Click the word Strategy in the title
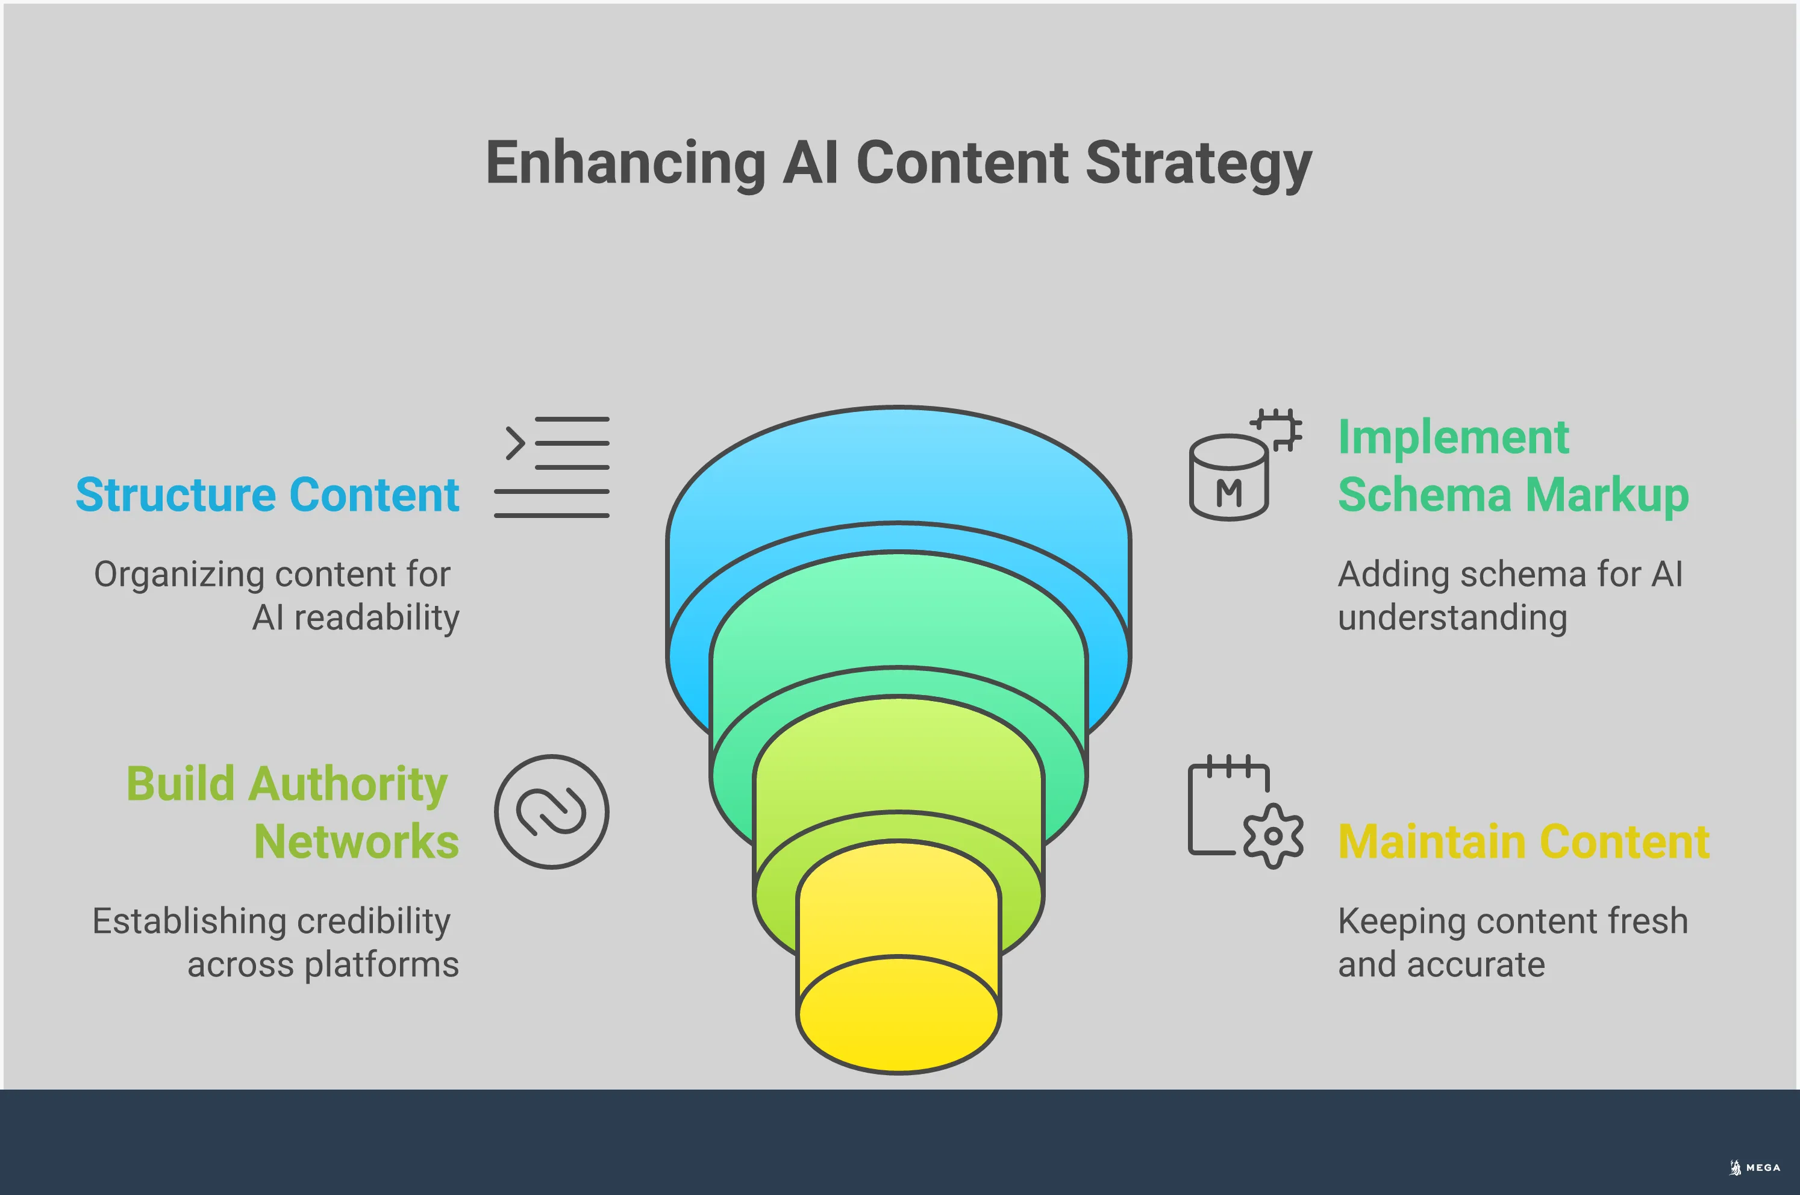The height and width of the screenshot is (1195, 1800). click(1198, 163)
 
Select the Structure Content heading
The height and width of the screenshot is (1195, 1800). click(267, 495)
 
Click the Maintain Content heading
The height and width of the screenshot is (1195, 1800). click(1524, 842)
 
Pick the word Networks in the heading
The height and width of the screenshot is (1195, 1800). click(357, 842)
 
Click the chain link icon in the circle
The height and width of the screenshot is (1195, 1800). click(552, 812)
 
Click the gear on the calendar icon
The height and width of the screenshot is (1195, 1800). click(1273, 836)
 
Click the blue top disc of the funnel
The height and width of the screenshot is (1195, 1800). click(898, 472)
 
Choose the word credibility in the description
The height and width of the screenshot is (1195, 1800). click(373, 922)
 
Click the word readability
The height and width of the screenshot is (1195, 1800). click(377, 618)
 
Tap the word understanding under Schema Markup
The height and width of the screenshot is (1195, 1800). click(1452, 618)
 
